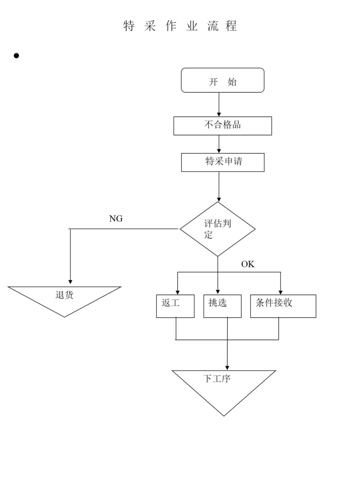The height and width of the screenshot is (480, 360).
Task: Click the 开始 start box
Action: [x=222, y=80]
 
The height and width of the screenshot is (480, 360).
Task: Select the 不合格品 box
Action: [x=222, y=126]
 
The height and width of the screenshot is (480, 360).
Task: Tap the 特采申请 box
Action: [x=223, y=162]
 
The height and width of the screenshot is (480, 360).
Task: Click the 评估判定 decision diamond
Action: [x=218, y=229]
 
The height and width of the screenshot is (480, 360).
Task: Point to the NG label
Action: [x=116, y=219]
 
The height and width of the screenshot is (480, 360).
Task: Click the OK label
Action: [x=248, y=264]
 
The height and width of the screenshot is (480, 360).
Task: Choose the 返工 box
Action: [x=175, y=306]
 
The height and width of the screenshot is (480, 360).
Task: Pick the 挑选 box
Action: [x=222, y=306]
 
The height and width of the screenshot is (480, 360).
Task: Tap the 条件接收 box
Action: [x=283, y=306]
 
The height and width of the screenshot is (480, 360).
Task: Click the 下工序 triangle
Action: [x=224, y=387]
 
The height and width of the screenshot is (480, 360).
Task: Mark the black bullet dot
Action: [x=16, y=56]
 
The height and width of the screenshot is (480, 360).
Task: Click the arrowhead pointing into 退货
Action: [x=70, y=282]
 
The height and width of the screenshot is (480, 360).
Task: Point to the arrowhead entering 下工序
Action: [x=227, y=368]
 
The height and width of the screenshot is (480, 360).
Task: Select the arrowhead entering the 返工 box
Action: [x=178, y=292]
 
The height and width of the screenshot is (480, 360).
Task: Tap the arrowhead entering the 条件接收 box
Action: [x=280, y=292]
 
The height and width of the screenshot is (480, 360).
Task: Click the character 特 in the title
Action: [x=129, y=26]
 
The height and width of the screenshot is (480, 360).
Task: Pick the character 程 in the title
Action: [x=231, y=26]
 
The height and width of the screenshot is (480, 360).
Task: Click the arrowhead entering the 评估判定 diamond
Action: [x=219, y=199]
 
